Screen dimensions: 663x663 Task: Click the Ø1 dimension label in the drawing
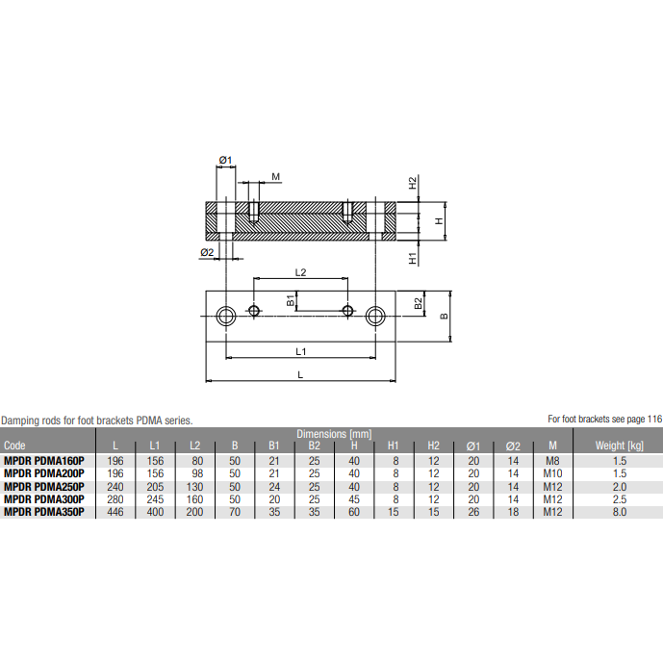226,159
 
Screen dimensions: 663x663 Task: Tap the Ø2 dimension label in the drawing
206,252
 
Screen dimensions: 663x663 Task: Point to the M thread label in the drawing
276,177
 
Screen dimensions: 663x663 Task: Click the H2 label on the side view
412,182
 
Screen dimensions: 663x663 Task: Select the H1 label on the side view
412,258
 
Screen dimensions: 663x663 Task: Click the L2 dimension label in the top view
299,272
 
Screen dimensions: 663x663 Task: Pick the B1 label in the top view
291,301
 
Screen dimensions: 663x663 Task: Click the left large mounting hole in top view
226,316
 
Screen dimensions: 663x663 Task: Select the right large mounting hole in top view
376,316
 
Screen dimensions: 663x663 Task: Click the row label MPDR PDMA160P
44,460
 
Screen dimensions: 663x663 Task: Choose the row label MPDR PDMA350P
44,513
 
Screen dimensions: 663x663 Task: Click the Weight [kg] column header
618,446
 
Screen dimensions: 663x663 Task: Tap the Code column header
15,446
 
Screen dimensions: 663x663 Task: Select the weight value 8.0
618,513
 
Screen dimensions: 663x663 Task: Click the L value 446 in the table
116,513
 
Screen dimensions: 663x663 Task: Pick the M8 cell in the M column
551,460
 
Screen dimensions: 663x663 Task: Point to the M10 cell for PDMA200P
551,473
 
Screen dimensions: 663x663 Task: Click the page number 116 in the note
654,419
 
